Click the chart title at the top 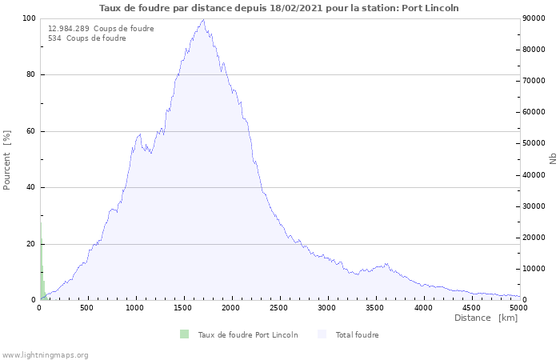(x=279, y=8)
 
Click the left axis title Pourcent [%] (x=7, y=159)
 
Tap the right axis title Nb (x=553, y=159)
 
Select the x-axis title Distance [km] (x=486, y=318)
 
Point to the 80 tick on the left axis (x=30, y=75)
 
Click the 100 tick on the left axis (x=28, y=18)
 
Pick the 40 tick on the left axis (x=30, y=188)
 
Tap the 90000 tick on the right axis (x=535, y=18)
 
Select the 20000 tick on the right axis (x=535, y=238)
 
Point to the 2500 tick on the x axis (x=279, y=307)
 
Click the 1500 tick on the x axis (x=183, y=307)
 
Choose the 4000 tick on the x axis (x=423, y=307)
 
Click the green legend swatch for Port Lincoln (x=185, y=334)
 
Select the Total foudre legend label (x=357, y=335)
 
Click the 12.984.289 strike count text (x=69, y=29)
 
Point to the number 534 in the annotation (x=55, y=38)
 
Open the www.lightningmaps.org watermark (x=46, y=354)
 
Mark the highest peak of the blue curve (x=204, y=20)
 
